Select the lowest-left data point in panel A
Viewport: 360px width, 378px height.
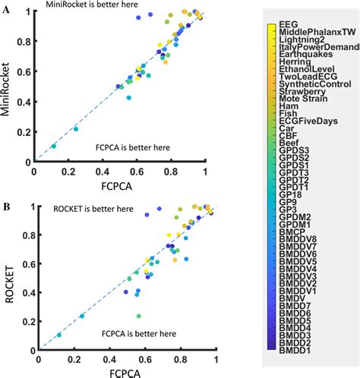[x=53, y=146]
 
